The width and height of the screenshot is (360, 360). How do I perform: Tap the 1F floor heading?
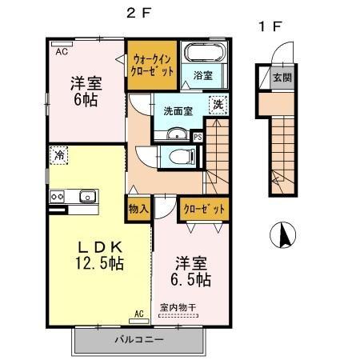click(x=270, y=27)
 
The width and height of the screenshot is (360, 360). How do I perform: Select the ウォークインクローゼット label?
click(x=152, y=64)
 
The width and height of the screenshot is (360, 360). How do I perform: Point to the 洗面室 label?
click(x=178, y=111)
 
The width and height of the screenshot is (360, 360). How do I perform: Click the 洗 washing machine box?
click(x=218, y=104)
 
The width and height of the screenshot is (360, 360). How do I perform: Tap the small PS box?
click(x=198, y=138)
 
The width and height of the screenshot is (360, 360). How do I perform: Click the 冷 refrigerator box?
click(x=58, y=156)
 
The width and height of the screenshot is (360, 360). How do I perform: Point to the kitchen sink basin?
click(x=86, y=196)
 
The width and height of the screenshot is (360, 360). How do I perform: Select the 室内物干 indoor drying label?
click(x=177, y=307)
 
